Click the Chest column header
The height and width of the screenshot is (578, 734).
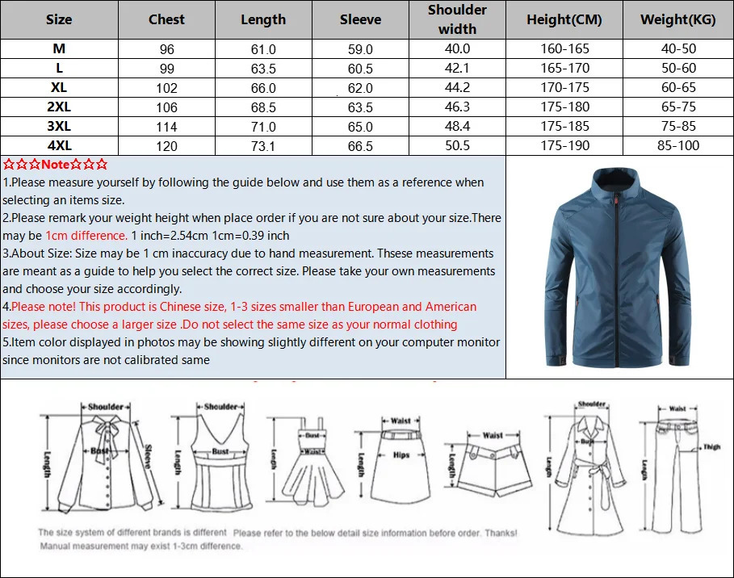(x=166, y=19)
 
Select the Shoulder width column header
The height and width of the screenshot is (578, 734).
(x=457, y=19)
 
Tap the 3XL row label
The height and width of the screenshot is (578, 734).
(x=59, y=126)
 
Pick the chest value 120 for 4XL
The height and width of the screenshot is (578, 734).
(x=166, y=146)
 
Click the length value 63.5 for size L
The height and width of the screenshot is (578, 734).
(x=263, y=69)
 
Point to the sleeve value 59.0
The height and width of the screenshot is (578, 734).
(x=360, y=49)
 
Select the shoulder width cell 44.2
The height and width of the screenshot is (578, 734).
(x=457, y=88)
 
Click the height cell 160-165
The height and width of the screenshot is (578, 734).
(x=564, y=49)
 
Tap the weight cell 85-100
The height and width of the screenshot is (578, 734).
(x=678, y=146)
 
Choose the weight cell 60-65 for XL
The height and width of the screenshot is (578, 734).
(x=678, y=88)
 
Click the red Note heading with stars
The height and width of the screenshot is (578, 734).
(x=55, y=165)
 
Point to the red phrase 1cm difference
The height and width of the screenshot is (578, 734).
(x=86, y=236)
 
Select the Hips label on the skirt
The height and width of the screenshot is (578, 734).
(x=401, y=455)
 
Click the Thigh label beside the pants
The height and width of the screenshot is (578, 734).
(x=711, y=447)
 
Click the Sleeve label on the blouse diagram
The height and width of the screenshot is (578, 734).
(x=149, y=458)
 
